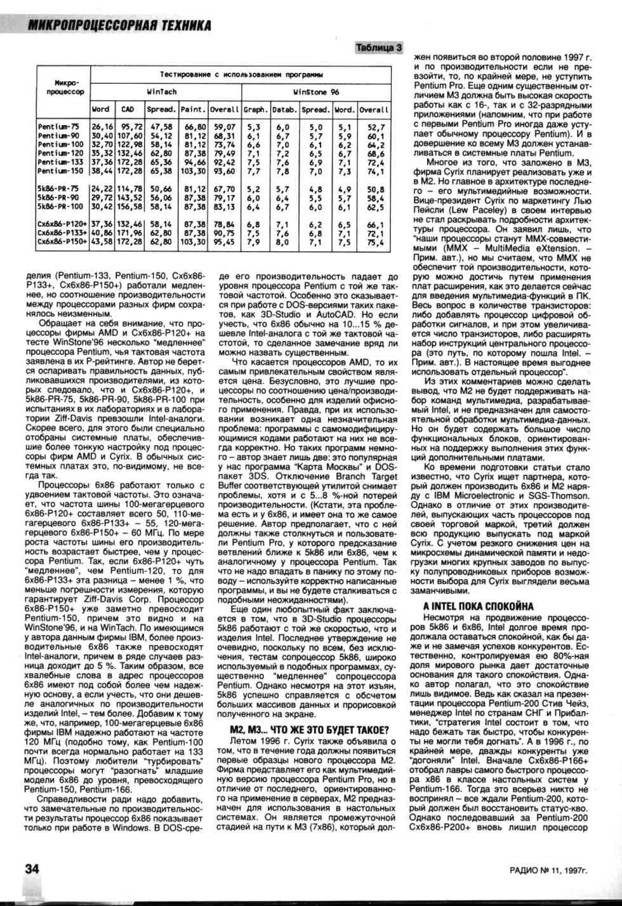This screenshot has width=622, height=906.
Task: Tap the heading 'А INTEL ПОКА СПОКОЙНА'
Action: tap(478, 606)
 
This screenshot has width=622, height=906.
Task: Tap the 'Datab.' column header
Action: tap(284, 109)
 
